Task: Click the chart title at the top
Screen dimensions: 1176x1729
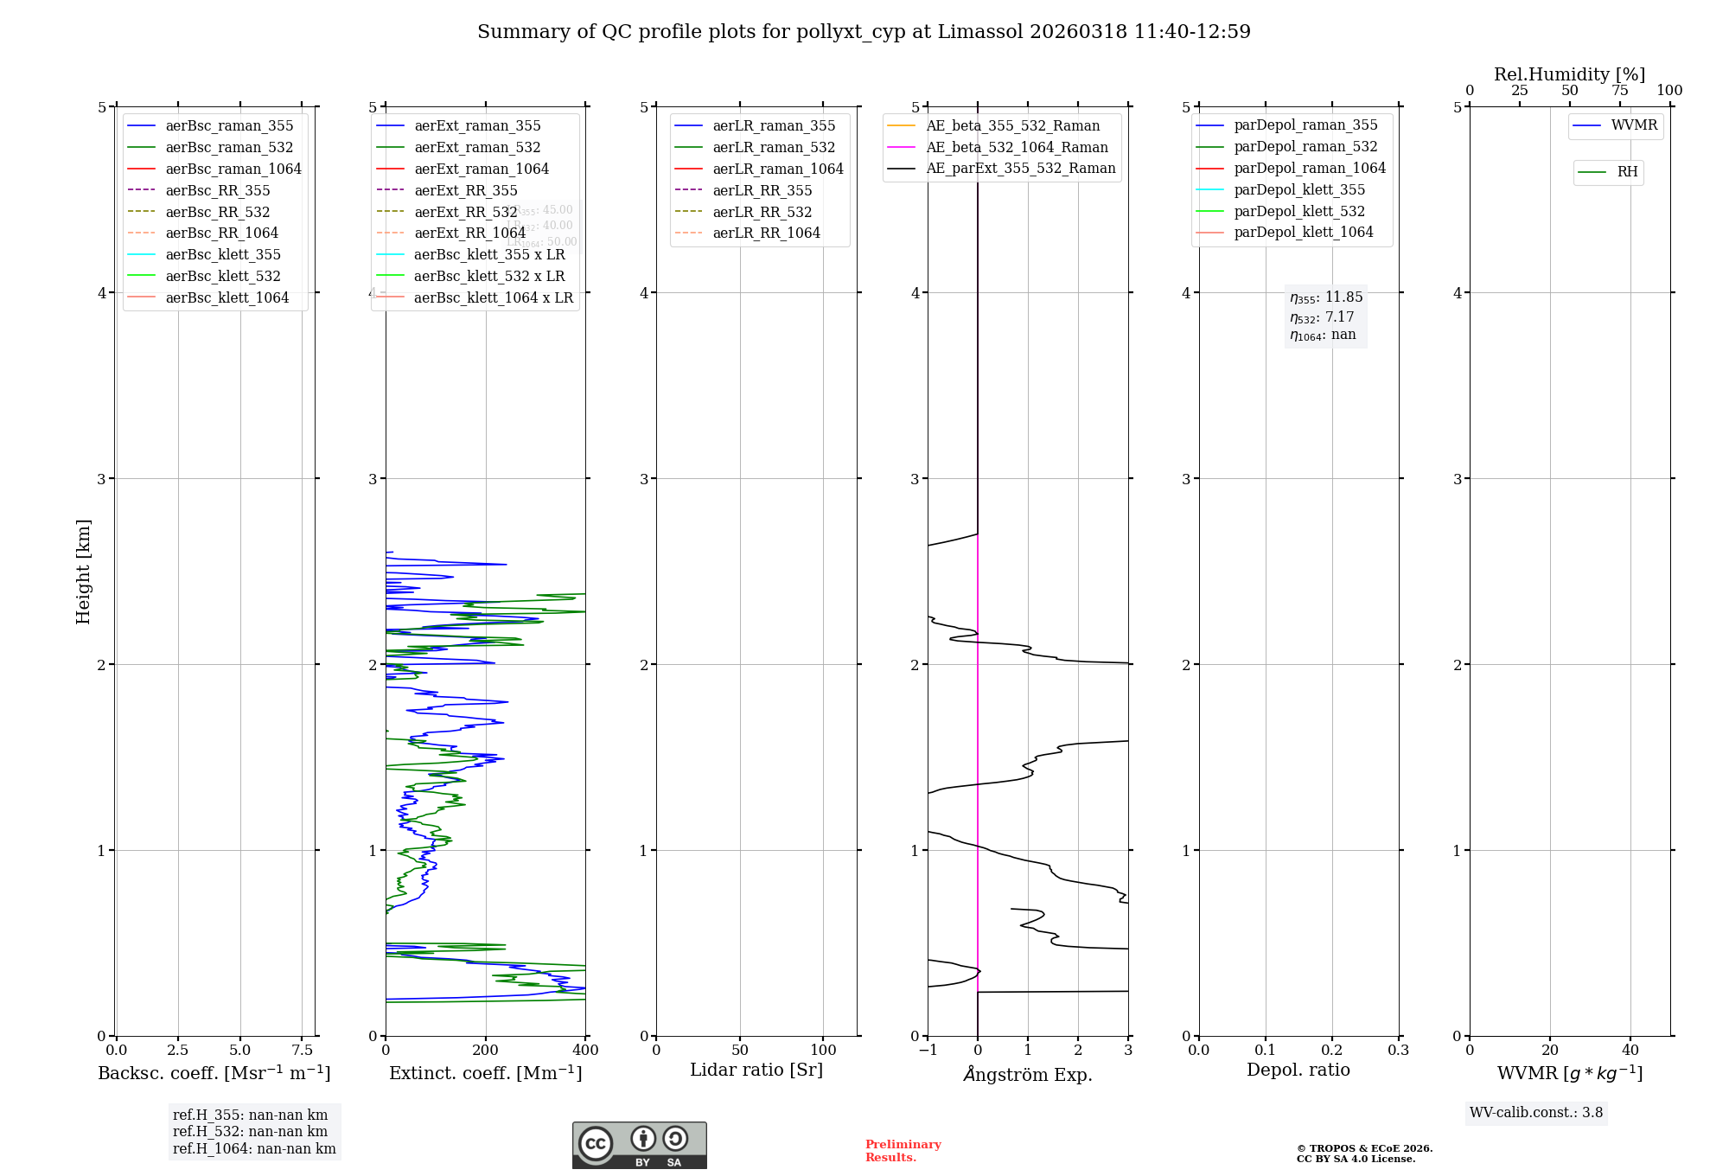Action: tap(864, 32)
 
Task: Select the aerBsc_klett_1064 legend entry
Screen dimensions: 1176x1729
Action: tap(226, 297)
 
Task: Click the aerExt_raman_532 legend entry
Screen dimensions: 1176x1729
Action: tap(477, 147)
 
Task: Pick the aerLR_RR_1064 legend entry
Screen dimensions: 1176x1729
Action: tap(766, 233)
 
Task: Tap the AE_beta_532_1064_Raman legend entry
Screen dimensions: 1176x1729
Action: tap(1017, 147)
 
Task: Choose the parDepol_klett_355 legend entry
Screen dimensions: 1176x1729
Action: tap(1299, 189)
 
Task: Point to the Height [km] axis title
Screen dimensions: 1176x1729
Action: tap(83, 572)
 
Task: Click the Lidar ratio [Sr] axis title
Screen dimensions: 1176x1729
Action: tap(756, 1070)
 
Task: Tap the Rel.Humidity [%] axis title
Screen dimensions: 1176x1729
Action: tap(1569, 74)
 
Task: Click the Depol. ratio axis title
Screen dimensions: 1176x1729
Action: tap(1298, 1070)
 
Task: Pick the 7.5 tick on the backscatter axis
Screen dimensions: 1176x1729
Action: tap(302, 1051)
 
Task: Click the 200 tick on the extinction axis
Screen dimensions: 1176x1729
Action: tap(486, 1051)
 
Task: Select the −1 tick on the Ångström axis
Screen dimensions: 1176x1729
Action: tap(928, 1051)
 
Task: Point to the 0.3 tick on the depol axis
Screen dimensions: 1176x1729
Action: tap(1398, 1051)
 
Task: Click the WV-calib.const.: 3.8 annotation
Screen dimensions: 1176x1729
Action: tap(1535, 1113)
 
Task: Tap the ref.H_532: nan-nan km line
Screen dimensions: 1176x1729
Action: tap(250, 1132)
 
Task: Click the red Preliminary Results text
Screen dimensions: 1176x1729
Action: tap(903, 1151)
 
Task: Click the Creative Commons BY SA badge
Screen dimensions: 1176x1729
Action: tap(639, 1146)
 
